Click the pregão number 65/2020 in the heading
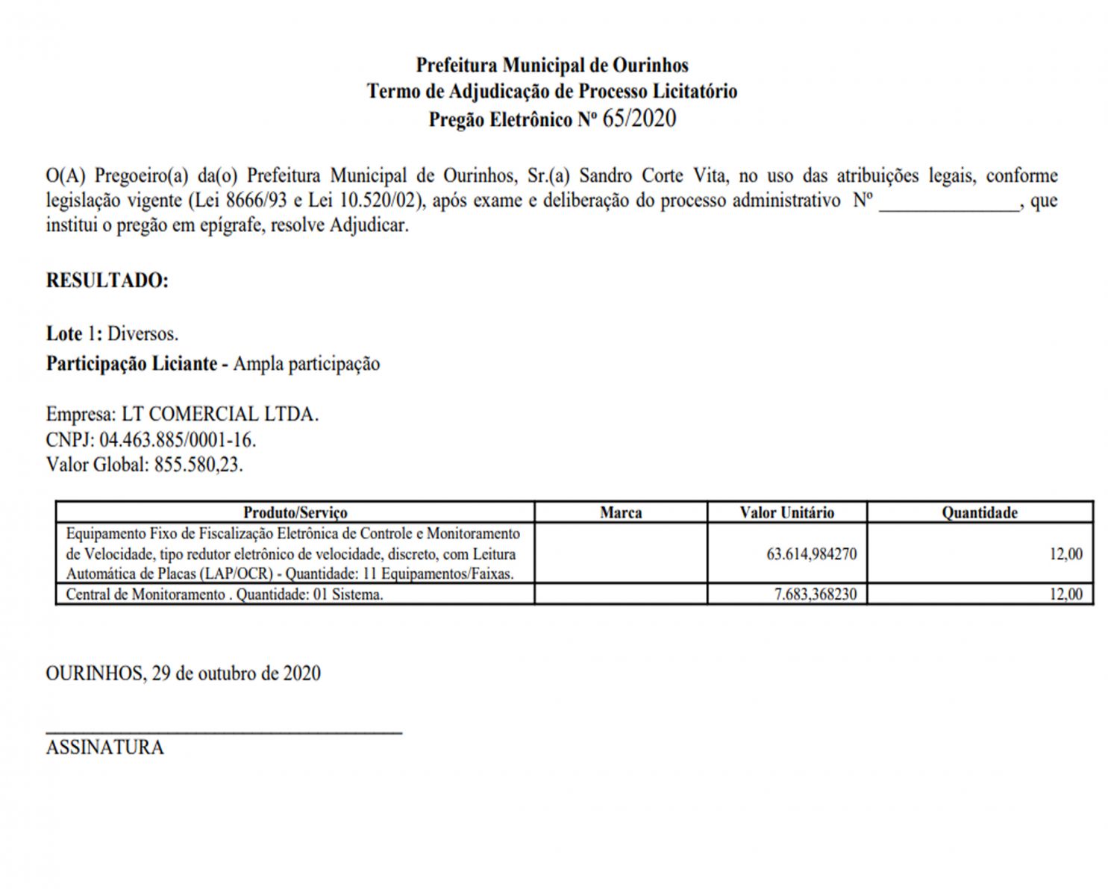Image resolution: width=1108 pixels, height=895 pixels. pyautogui.click(x=639, y=119)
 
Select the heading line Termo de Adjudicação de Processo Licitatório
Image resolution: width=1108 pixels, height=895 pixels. pyautogui.click(x=551, y=91)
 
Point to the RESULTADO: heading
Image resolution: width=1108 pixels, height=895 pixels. pyautogui.click(x=107, y=280)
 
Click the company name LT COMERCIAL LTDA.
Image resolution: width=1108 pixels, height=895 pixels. pyautogui.click(x=220, y=415)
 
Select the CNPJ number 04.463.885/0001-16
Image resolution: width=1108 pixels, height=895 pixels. pyautogui.click(x=178, y=440)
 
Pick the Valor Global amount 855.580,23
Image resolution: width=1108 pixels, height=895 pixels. pyautogui.click(x=198, y=465)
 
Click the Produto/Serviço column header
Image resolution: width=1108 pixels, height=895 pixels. pyautogui.click(x=295, y=512)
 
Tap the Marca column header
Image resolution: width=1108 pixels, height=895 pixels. pyautogui.click(x=621, y=512)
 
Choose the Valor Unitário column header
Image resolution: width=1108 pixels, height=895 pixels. pyautogui.click(x=786, y=512)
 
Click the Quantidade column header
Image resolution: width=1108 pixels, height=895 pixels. pyautogui.click(x=979, y=512)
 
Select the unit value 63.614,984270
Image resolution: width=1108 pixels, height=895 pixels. pyautogui.click(x=811, y=554)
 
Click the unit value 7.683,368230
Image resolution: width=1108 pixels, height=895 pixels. pyautogui.click(x=816, y=594)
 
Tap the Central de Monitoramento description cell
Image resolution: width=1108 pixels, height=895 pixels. pyautogui.click(x=225, y=594)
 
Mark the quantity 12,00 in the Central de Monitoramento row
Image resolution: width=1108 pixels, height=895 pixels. pyautogui.click(x=1065, y=594)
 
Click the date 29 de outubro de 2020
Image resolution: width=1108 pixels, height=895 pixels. pyautogui.click(x=236, y=673)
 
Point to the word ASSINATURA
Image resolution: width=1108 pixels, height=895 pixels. pyautogui.click(x=104, y=747)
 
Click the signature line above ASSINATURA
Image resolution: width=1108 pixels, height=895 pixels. pyautogui.click(x=224, y=733)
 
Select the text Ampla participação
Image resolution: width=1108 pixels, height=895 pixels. pyautogui.click(x=306, y=364)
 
